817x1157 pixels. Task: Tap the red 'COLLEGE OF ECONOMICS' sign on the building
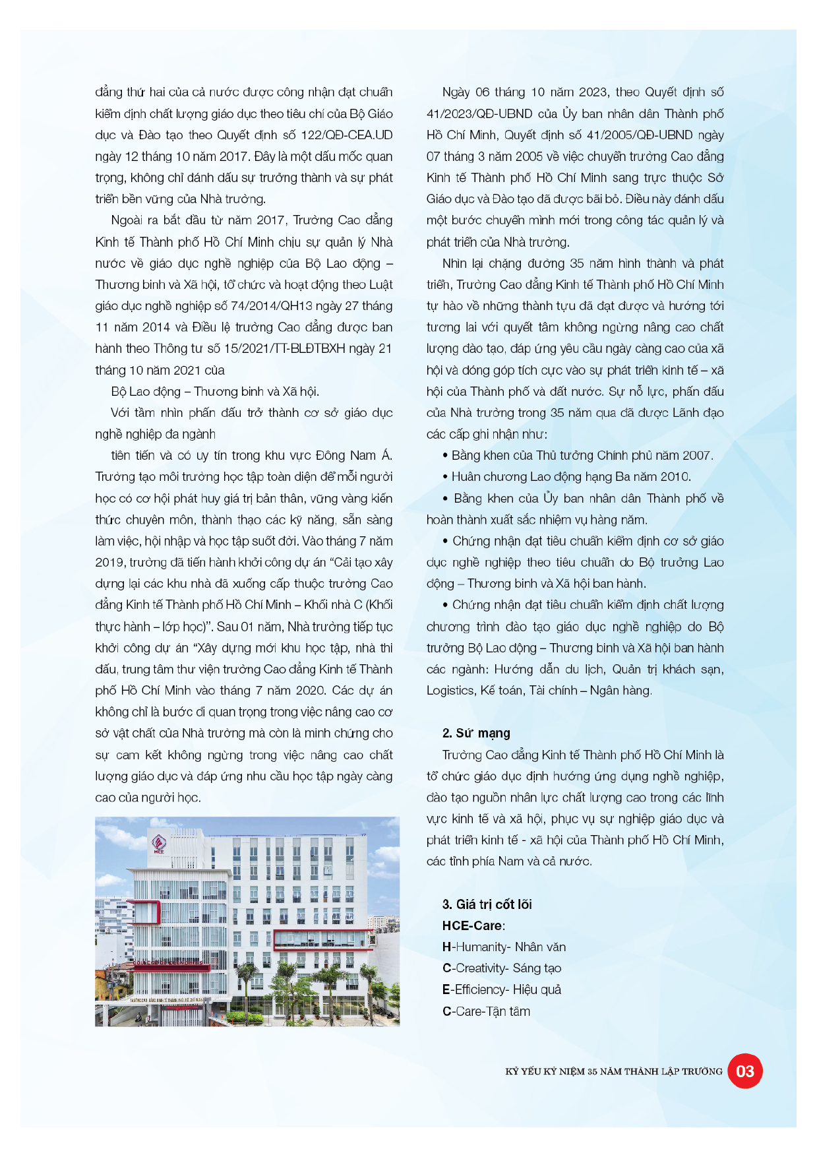click(169, 962)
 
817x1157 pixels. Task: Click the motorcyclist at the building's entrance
click(140, 1016)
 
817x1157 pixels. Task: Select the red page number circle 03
click(744, 1071)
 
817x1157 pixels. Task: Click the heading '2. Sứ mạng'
click(476, 733)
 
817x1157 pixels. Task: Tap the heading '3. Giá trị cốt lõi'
click(487, 904)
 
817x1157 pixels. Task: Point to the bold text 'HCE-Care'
click(472, 925)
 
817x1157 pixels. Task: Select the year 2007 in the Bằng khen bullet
click(696, 455)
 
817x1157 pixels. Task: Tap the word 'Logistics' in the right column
click(450, 691)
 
